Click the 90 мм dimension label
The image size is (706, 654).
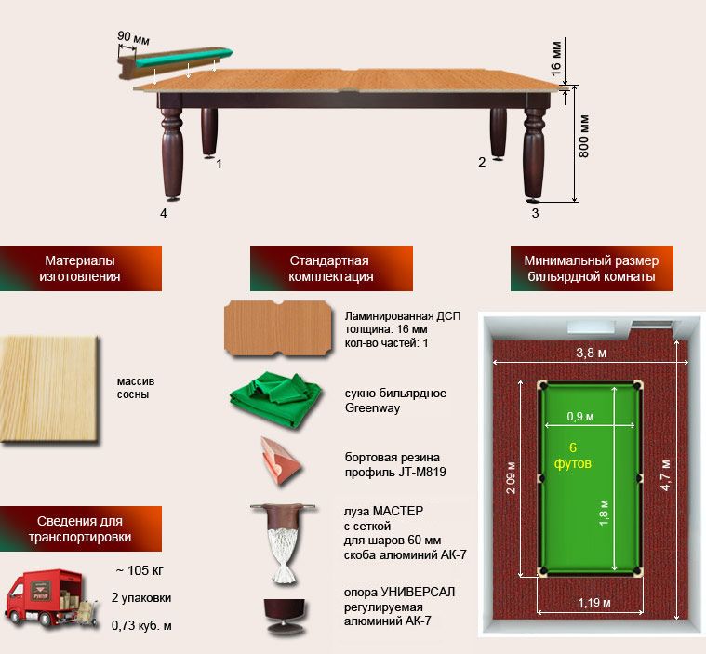[133, 38]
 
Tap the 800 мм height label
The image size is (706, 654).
[583, 136]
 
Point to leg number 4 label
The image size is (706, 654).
[164, 213]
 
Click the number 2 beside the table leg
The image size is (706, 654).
[482, 162]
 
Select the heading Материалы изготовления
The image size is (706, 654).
[80, 268]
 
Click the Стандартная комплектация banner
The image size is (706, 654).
[331, 268]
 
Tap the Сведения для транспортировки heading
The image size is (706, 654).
[80, 528]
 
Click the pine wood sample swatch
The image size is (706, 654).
[48, 389]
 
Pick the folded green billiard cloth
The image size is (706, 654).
[276, 399]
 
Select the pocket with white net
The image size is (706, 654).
[284, 542]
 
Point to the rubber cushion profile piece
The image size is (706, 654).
[280, 460]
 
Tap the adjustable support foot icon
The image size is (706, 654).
[283, 617]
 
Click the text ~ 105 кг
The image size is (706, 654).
[140, 570]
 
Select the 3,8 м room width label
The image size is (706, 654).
[592, 353]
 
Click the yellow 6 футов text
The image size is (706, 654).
[573, 455]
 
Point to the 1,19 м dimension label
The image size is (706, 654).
[594, 602]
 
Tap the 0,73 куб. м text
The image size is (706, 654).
[141, 625]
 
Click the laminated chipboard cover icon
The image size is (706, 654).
[278, 328]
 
